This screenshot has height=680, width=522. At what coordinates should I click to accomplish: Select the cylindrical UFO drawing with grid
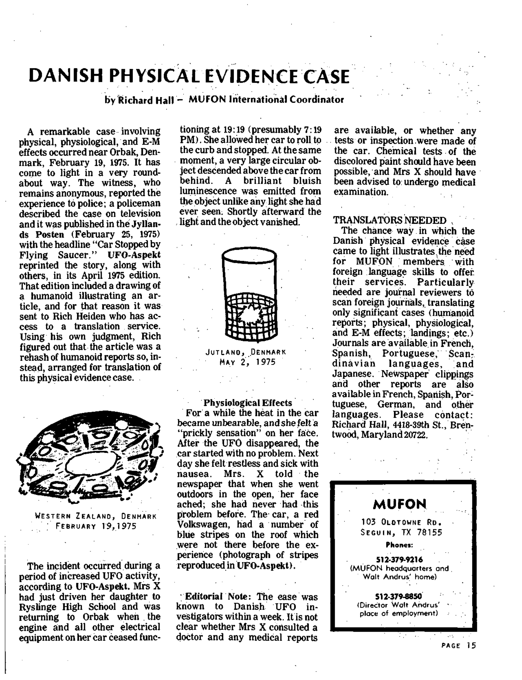[250, 294]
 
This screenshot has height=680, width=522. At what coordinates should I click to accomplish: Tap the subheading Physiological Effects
[248, 403]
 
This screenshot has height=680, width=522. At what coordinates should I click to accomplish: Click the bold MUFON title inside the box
[400, 504]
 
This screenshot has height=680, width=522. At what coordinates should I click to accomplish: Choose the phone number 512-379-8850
[399, 596]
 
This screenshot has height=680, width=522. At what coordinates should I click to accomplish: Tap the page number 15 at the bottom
[471, 645]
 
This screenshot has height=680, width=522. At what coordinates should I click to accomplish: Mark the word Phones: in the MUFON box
[399, 545]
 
